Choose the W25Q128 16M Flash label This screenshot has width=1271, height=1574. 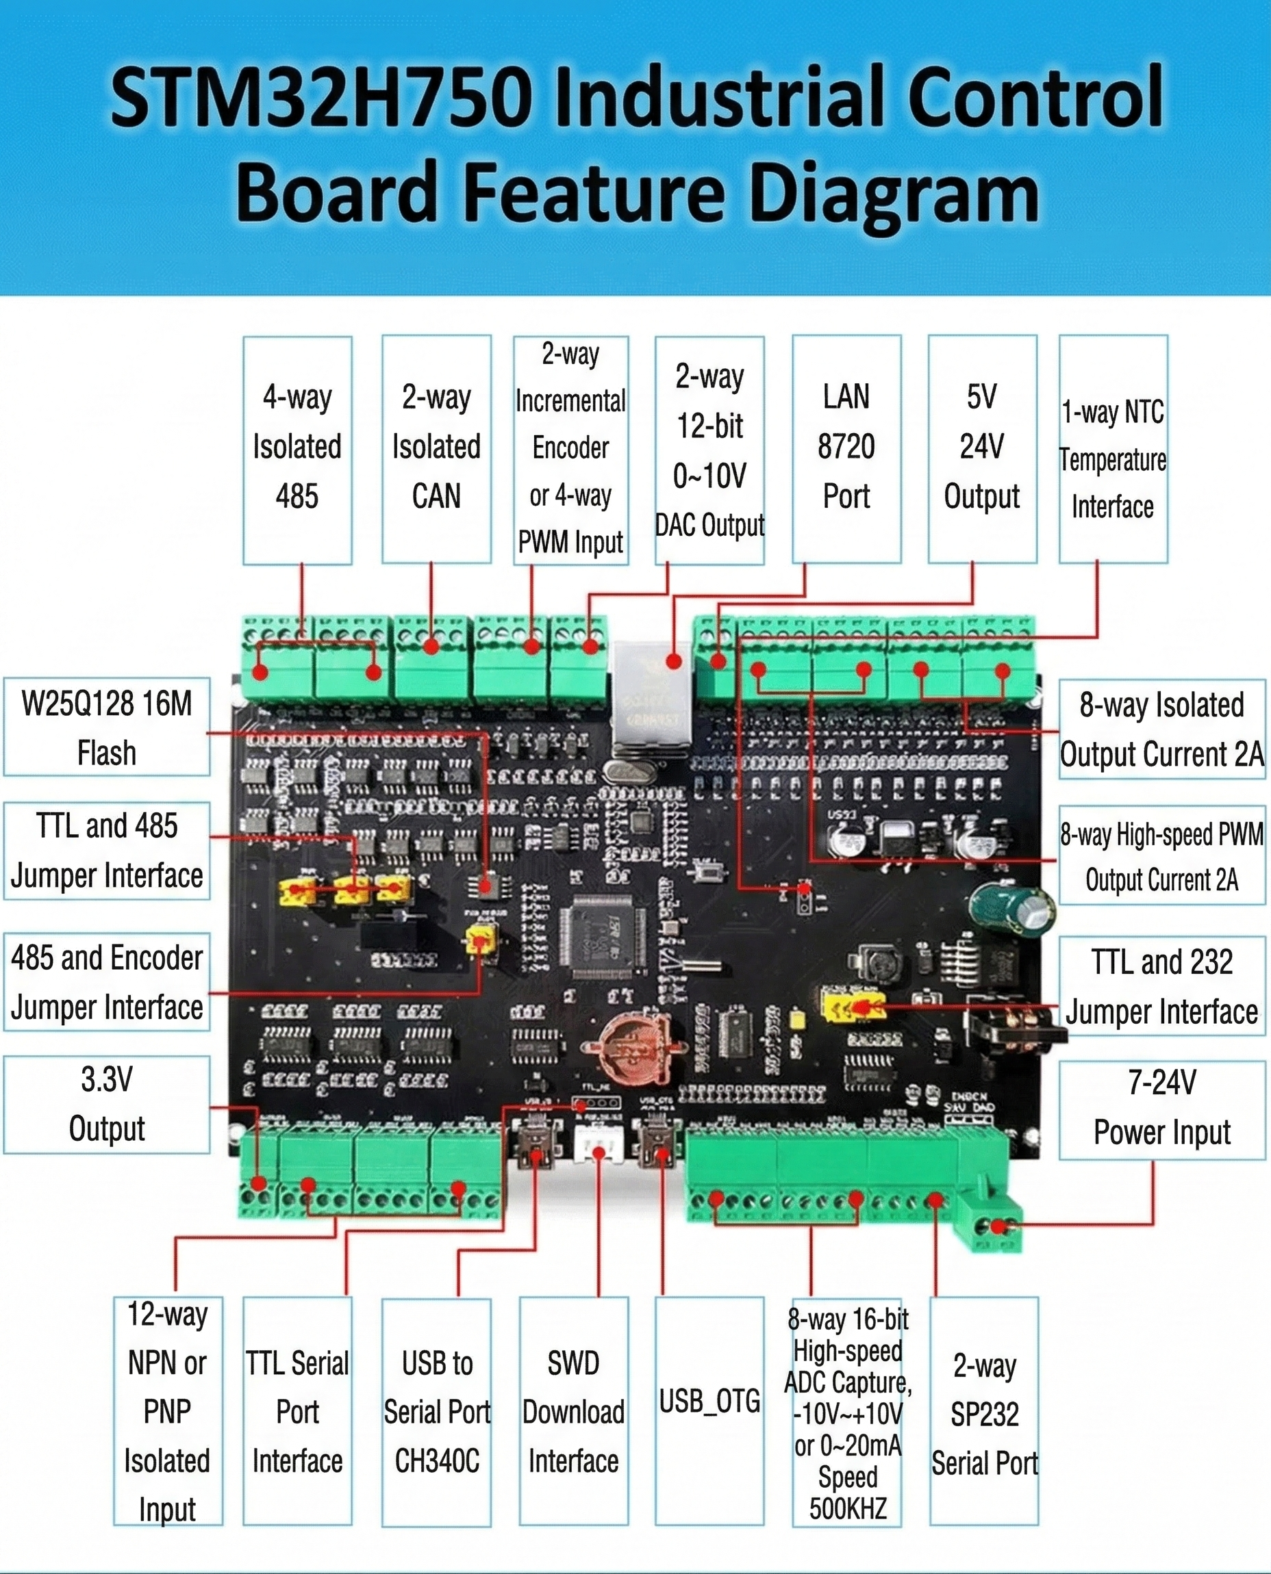point(107,727)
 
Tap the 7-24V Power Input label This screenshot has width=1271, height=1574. point(1162,1107)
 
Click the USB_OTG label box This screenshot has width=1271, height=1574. point(709,1401)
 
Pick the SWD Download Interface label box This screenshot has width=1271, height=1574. point(573,1412)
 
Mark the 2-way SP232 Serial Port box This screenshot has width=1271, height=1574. point(984,1412)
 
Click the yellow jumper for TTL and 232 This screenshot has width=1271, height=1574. point(853,1007)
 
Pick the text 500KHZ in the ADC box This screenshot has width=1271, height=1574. point(847,1508)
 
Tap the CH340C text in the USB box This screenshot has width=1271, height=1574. point(437,1460)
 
